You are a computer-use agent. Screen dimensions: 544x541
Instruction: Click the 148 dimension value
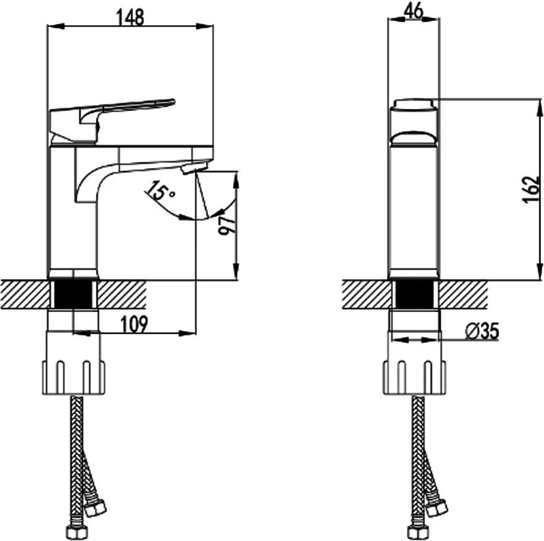tap(130, 17)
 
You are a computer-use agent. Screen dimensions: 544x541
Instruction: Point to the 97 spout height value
tap(226, 225)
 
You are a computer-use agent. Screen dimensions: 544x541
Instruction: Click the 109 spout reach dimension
tap(134, 324)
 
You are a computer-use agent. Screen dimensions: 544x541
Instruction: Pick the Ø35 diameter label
tap(482, 331)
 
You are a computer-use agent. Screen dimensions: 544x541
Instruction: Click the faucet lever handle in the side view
tap(111, 120)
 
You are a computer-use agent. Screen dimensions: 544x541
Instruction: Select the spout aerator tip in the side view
tap(194, 167)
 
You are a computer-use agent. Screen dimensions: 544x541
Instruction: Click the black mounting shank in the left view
tap(73, 294)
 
